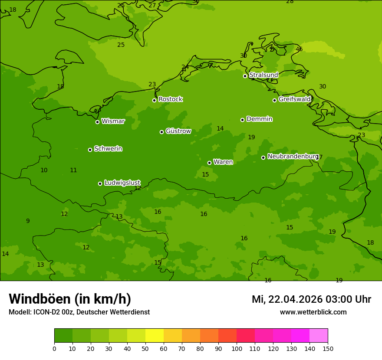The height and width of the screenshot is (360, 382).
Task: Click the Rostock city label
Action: (x=170, y=99)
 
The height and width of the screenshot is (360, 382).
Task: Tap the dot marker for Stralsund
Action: (x=245, y=76)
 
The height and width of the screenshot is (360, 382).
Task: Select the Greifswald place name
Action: (x=295, y=99)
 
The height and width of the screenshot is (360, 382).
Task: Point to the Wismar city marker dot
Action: (x=97, y=122)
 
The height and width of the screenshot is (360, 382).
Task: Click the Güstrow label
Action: (x=178, y=131)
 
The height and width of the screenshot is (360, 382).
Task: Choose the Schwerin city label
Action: (x=108, y=149)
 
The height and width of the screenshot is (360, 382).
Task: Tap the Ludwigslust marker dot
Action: (x=100, y=183)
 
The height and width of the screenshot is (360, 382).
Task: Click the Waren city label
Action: (x=223, y=162)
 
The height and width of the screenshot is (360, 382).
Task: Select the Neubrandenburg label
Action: (x=293, y=156)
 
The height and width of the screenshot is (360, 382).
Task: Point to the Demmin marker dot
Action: (x=242, y=120)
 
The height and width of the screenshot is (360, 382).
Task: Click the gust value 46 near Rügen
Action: (x=299, y=49)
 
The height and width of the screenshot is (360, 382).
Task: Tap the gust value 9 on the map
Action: (x=28, y=221)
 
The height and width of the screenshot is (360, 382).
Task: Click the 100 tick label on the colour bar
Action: (x=237, y=348)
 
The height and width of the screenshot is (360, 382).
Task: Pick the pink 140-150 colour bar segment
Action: (x=319, y=336)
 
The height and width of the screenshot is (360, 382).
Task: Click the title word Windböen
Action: (x=40, y=299)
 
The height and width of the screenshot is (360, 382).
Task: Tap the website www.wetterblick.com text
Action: (x=313, y=312)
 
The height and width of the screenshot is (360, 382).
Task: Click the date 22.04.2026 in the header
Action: (x=296, y=299)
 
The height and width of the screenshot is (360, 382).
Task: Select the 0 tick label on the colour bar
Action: (x=54, y=348)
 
